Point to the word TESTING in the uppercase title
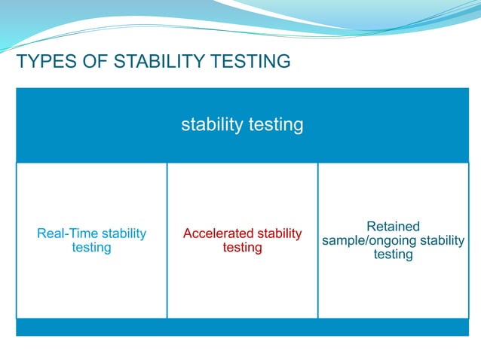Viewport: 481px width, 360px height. tap(250, 62)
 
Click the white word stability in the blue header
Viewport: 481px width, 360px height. tap(213, 124)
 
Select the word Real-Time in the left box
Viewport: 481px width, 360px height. tap(67, 233)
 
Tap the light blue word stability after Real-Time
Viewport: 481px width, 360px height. tap(124, 233)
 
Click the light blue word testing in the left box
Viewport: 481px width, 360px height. tap(91, 248)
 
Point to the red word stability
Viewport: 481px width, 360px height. tap(280, 233)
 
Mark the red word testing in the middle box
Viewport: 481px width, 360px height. tap(242, 248)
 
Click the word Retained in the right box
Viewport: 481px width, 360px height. tap(393, 227)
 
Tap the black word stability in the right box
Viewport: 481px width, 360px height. tap(441, 240)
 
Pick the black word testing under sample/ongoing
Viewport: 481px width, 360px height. tap(393, 255)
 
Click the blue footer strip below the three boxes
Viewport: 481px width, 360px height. tap(242, 328)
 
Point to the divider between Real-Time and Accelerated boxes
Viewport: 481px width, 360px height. tap(167, 241)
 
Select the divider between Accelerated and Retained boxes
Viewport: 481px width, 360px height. tap(317, 241)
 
